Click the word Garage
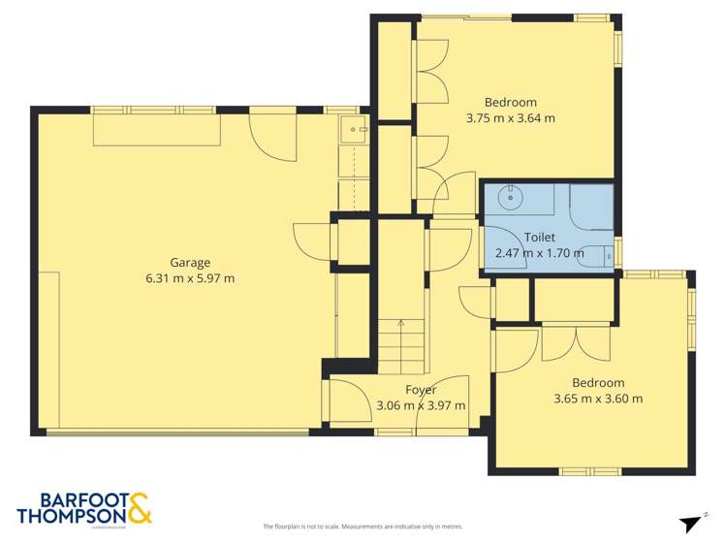(x=190, y=262)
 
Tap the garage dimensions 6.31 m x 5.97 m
(x=190, y=278)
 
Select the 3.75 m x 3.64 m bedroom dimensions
(x=510, y=118)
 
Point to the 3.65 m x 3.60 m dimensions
(x=597, y=398)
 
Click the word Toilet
(x=539, y=237)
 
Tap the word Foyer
(x=420, y=390)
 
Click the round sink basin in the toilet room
(x=508, y=197)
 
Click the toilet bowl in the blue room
(x=607, y=256)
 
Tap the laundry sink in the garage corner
(x=353, y=129)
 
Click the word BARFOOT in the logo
(x=68, y=498)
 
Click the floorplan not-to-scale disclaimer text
(x=363, y=527)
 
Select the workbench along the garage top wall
(x=156, y=131)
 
